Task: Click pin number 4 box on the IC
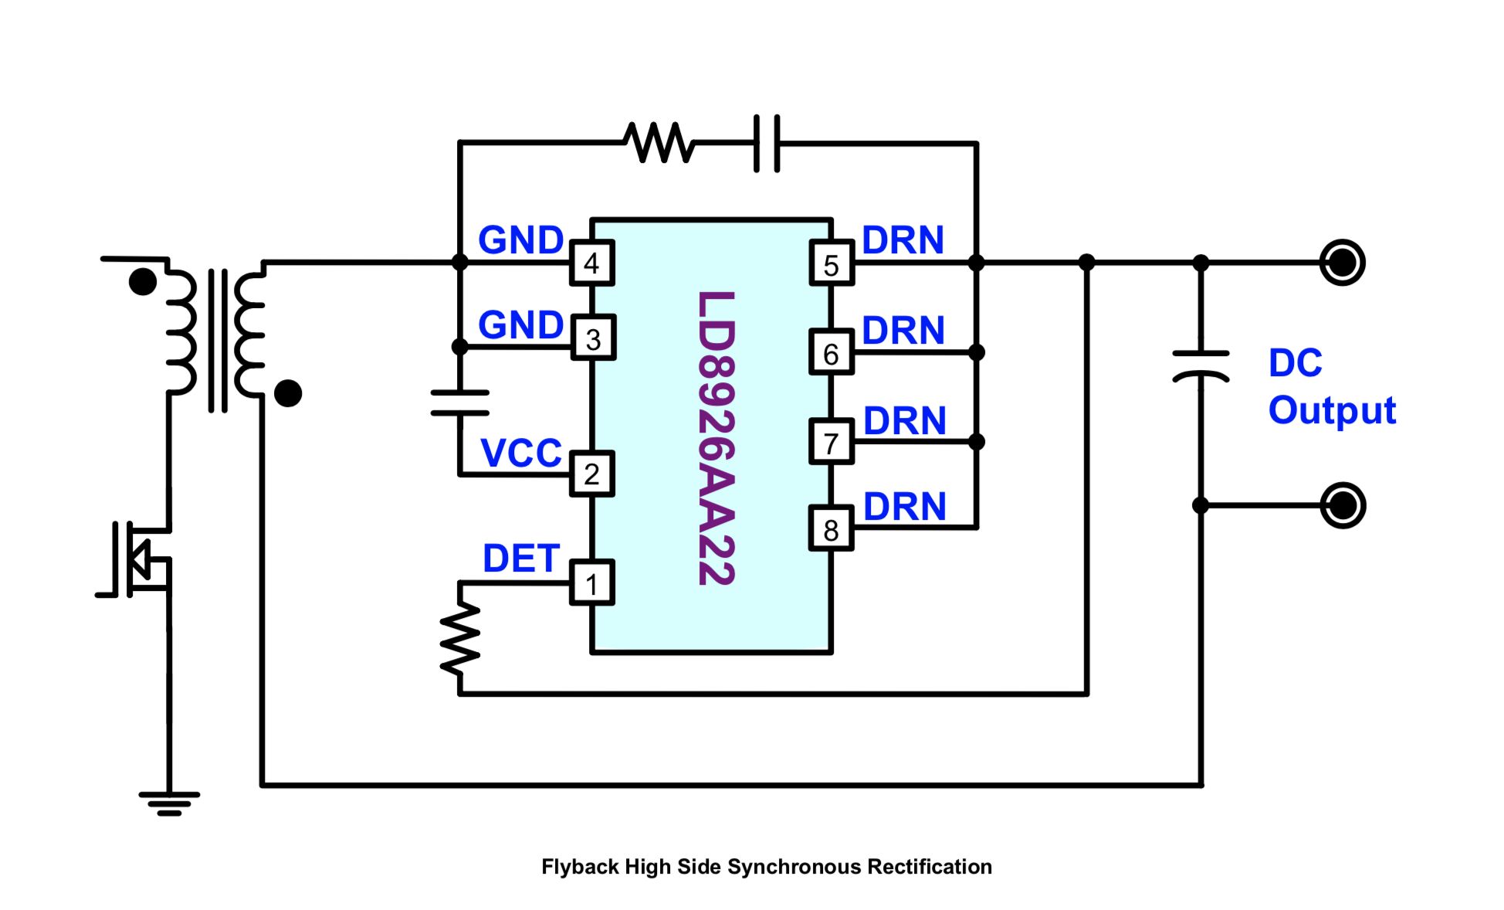pyautogui.click(x=592, y=263)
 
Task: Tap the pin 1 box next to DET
pyautogui.click(x=592, y=583)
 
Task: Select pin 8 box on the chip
pyautogui.click(x=832, y=529)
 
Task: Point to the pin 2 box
pyautogui.click(x=592, y=474)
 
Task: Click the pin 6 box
pyautogui.click(x=832, y=353)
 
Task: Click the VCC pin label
pyautogui.click(x=521, y=453)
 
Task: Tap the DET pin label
pyautogui.click(x=521, y=559)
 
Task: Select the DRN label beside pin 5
pyautogui.click(x=903, y=240)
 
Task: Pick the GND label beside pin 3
pyautogui.click(x=521, y=325)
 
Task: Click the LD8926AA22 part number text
pyautogui.click(x=716, y=438)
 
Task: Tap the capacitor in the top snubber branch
pyautogui.click(x=767, y=144)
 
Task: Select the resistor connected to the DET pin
pyautogui.click(x=460, y=638)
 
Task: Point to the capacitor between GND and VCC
pyautogui.click(x=460, y=403)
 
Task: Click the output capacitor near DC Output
pyautogui.click(x=1201, y=366)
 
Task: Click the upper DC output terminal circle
pyautogui.click(x=1343, y=263)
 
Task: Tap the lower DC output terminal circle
pyautogui.click(x=1343, y=505)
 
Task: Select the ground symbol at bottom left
pyautogui.click(x=169, y=803)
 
